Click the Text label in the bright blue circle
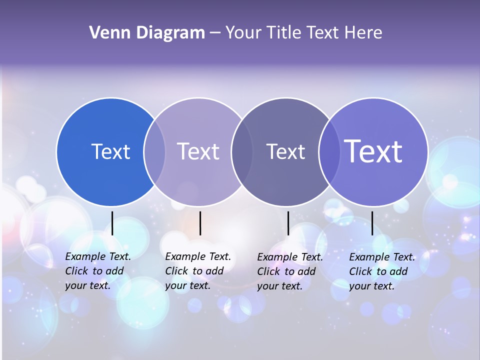[110, 151]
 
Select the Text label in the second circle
[198, 151]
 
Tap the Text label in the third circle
[285, 151]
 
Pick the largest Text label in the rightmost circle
[373, 151]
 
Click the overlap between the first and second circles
[154, 151]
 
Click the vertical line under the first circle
[112, 223]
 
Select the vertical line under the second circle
[200, 223]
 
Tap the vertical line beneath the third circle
[288, 223]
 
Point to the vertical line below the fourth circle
[372, 223]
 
